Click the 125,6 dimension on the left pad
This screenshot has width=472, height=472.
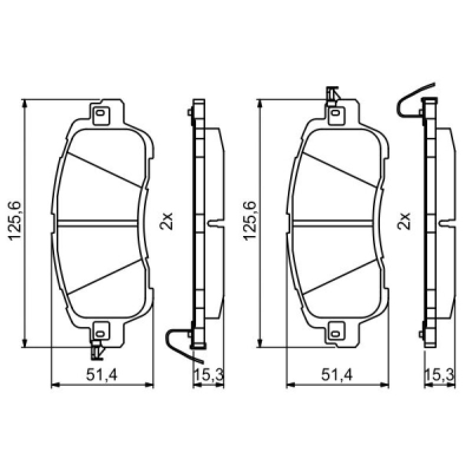pos(15,221)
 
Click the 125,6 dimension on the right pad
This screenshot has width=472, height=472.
pos(250,221)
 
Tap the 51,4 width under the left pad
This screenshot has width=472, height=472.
pos(101,375)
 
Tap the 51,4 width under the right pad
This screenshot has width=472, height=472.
pos(336,375)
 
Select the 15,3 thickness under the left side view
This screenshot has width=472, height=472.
pos(208,375)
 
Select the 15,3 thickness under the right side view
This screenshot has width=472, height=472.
pos(440,375)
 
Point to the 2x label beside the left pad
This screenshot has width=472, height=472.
pos(166,221)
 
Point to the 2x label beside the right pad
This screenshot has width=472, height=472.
pos(404,221)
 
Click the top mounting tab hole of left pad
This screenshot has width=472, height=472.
pos(100,113)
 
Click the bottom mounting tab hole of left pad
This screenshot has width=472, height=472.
pos(100,333)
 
